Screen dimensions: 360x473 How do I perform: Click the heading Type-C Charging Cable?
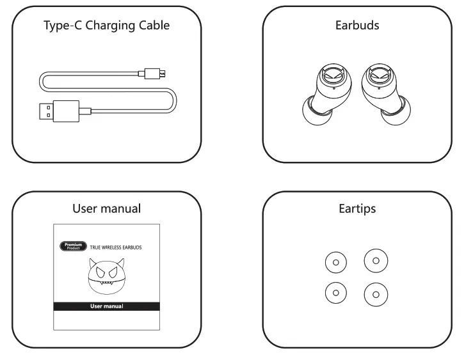pos(106,26)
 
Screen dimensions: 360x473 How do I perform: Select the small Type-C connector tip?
pos(154,72)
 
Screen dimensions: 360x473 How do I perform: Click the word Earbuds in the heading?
pos(357,26)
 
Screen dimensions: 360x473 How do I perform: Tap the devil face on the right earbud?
pos(377,76)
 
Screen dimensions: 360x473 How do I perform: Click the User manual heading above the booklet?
pos(106,208)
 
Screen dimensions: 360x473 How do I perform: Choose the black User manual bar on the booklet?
pos(106,306)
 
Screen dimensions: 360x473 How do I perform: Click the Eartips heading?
pos(357,208)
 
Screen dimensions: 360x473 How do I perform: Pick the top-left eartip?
pos(336,262)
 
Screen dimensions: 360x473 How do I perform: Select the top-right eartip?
pos(376,260)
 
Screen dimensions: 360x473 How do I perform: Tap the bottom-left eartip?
pos(336,292)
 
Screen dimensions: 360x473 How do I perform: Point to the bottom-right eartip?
pos(376,294)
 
